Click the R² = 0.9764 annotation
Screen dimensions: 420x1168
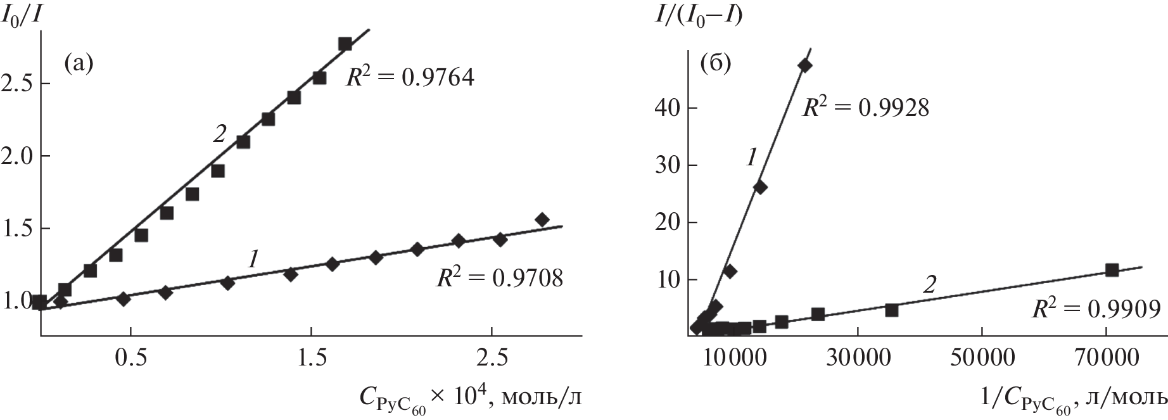tap(409, 78)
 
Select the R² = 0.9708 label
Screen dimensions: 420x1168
tap(498, 278)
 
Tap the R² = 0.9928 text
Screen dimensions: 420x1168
tap(865, 108)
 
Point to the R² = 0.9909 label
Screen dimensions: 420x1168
tap(1096, 310)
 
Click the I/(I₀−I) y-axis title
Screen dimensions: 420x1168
tap(699, 14)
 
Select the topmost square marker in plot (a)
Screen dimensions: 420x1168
tap(345, 44)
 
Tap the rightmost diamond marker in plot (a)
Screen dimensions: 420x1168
tap(542, 219)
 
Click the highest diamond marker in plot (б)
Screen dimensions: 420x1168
tap(805, 65)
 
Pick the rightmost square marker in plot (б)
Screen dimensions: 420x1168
tap(1112, 270)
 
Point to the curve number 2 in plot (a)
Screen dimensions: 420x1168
tap(219, 134)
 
